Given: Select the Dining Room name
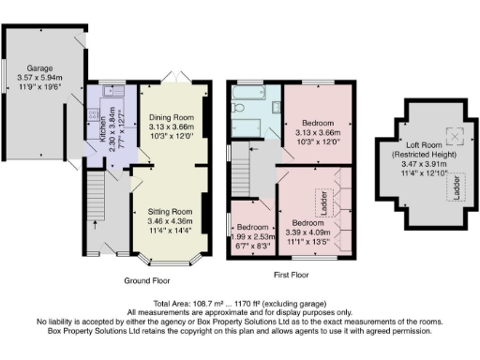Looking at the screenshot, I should coord(170,117).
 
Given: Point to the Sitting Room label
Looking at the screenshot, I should coord(170,212).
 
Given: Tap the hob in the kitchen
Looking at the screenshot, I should coord(93,118).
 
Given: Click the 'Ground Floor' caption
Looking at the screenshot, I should coord(148,280).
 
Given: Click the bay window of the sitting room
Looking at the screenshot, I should coord(170,256).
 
